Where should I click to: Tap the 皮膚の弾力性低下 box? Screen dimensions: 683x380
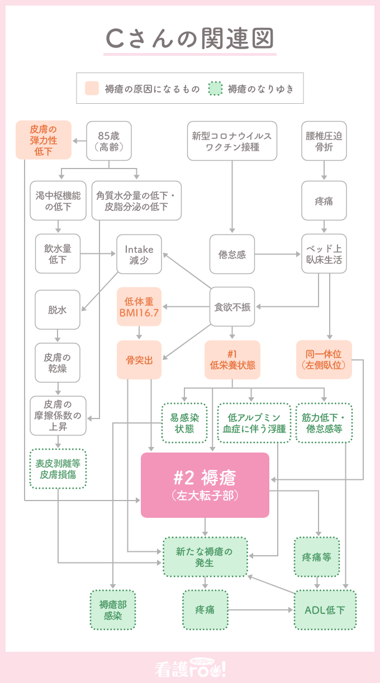coord(44,140)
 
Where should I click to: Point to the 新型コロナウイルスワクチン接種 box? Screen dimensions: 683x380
coord(232,141)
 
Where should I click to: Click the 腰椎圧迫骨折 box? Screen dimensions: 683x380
coord(324,141)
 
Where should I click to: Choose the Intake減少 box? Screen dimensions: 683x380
coord(139,254)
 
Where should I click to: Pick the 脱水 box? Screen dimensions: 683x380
coord(57,309)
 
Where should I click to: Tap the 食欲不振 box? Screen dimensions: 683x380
coord(232,307)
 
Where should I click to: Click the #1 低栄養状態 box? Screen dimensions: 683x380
coord(232,360)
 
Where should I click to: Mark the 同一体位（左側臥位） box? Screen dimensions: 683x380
coord(324,360)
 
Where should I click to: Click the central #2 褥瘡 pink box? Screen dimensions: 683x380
coord(205,485)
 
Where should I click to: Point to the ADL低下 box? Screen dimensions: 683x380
coord(325,610)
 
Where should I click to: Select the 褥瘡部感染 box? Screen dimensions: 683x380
coord(112,610)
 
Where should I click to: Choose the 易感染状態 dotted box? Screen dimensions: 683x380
coord(184,423)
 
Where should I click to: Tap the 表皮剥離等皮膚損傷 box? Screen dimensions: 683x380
coord(58,469)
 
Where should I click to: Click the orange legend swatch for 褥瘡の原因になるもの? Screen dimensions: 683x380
coord(92,88)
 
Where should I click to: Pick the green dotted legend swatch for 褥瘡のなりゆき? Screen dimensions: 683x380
coord(215,88)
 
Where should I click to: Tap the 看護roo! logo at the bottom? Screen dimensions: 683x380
coord(190,668)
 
